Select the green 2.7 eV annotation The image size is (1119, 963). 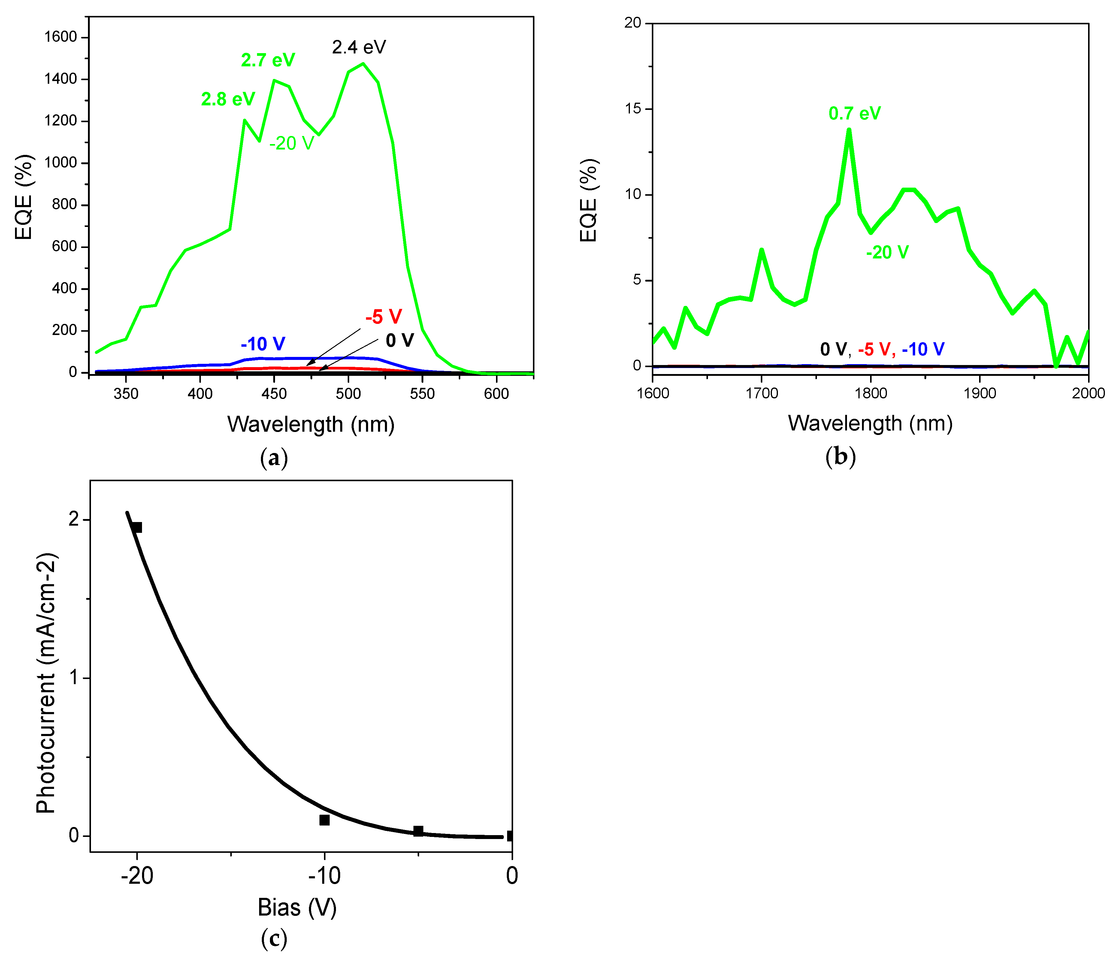click(268, 60)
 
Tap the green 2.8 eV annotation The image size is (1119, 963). click(228, 99)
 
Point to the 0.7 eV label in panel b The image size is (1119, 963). click(854, 113)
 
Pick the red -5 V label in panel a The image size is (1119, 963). click(383, 317)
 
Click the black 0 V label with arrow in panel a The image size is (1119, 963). click(400, 340)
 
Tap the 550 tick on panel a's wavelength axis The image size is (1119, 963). click(422, 394)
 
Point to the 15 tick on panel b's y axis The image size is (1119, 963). click(633, 109)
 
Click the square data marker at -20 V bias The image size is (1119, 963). click(137, 527)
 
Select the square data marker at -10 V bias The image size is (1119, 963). click(324, 820)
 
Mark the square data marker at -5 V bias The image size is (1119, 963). click(418, 831)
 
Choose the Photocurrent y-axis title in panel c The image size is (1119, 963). click(47, 683)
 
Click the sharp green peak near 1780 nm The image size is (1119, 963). click(849, 130)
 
